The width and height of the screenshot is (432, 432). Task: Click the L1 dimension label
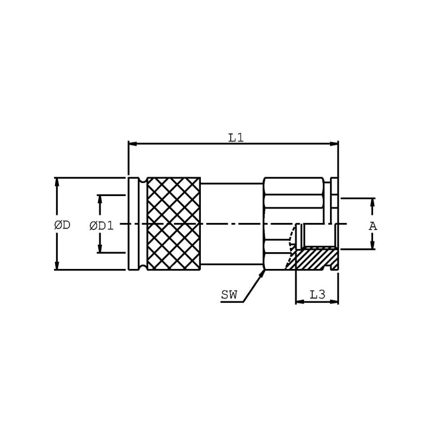pyautogui.click(x=236, y=138)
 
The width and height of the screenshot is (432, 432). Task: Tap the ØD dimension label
pyautogui.click(x=62, y=225)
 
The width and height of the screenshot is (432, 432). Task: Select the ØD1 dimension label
pyautogui.click(x=102, y=226)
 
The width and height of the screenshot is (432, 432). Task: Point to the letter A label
pyautogui.click(x=373, y=226)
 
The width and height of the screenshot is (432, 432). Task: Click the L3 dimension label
pyautogui.click(x=318, y=295)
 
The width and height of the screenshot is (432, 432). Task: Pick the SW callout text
pyautogui.click(x=229, y=295)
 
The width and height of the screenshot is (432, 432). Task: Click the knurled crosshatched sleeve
pyautogui.click(x=174, y=224)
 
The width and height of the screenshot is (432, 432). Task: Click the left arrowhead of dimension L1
pyautogui.click(x=132, y=144)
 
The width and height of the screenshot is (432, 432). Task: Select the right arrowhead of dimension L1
pyautogui.click(x=334, y=144)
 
